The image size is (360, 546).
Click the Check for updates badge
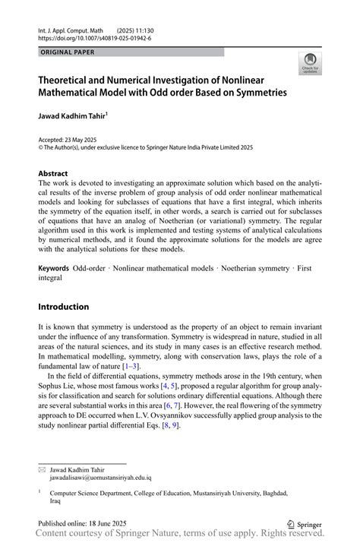click(x=310, y=64)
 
